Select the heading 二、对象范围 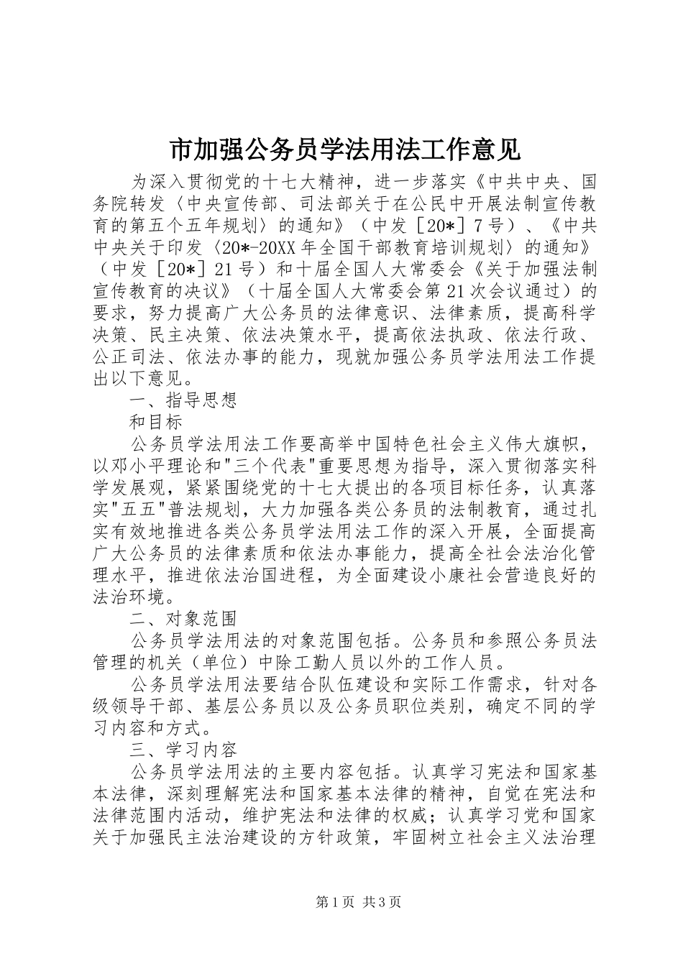(x=183, y=618)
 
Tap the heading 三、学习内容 (x=183, y=750)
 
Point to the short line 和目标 (x=155, y=421)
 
